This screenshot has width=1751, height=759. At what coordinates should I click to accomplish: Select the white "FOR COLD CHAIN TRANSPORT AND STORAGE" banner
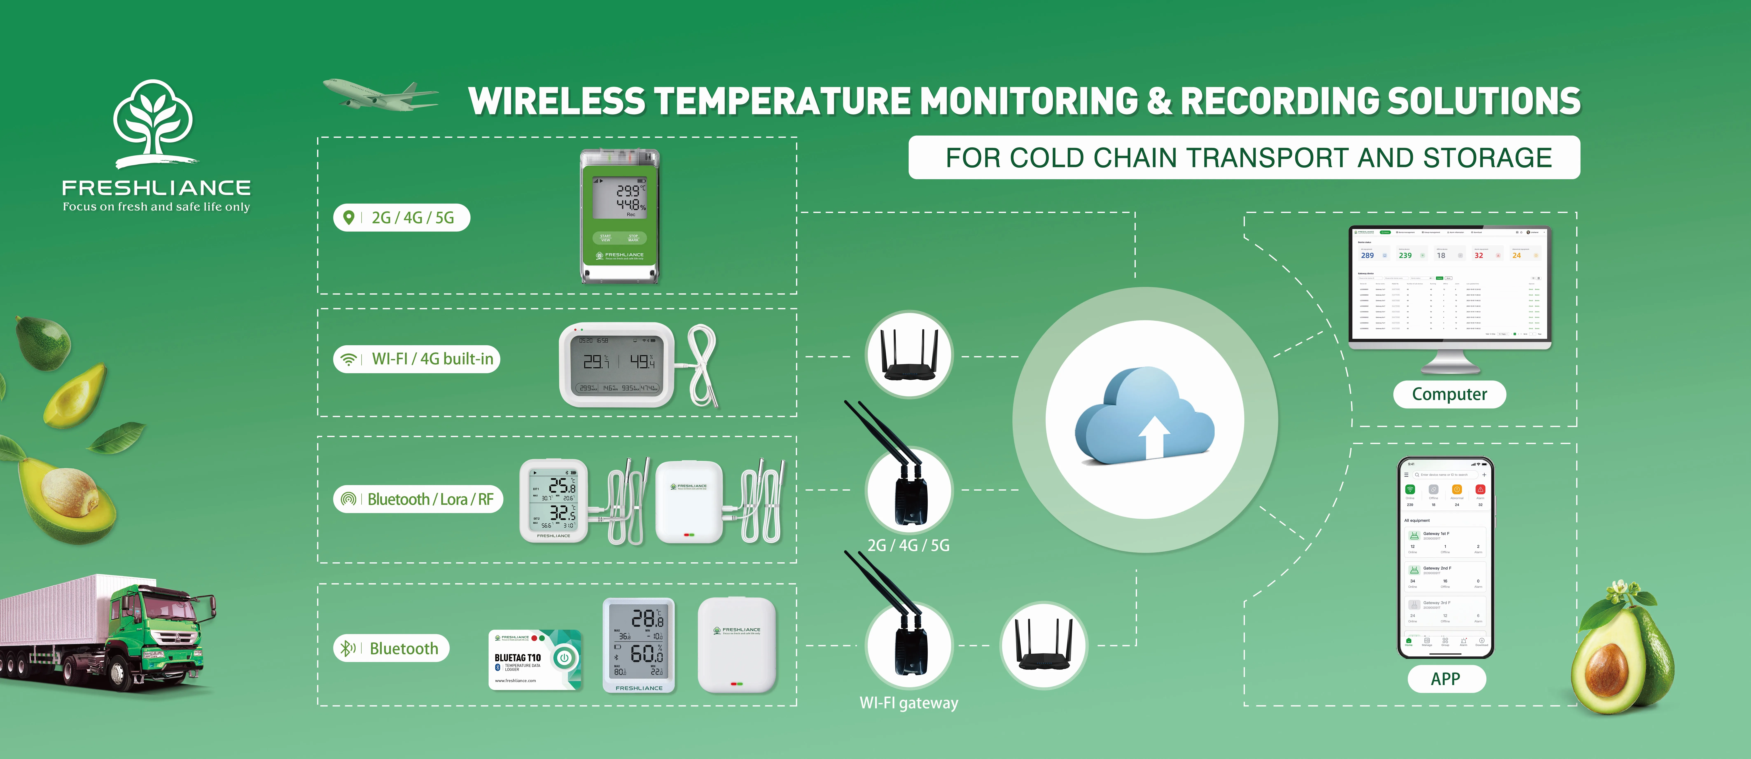pyautogui.click(x=1244, y=158)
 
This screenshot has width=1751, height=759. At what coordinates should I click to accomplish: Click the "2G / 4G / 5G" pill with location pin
pyautogui.click(x=402, y=218)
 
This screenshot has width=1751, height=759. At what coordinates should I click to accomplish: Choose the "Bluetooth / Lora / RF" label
pyautogui.click(x=418, y=499)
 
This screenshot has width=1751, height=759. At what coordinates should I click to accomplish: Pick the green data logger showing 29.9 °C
pyautogui.click(x=619, y=216)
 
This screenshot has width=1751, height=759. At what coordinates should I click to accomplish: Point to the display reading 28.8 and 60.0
pyautogui.click(x=639, y=645)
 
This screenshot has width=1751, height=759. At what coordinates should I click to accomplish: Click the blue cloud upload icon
pyautogui.click(x=1145, y=416)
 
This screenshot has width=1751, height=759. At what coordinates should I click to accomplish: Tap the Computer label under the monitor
pyautogui.click(x=1449, y=394)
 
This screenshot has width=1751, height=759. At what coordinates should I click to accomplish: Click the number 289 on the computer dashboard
pyautogui.click(x=1367, y=256)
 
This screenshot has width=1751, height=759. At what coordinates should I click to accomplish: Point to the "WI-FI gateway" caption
pyautogui.click(x=909, y=703)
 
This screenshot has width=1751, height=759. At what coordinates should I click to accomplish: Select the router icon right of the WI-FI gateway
pyautogui.click(x=1044, y=645)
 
